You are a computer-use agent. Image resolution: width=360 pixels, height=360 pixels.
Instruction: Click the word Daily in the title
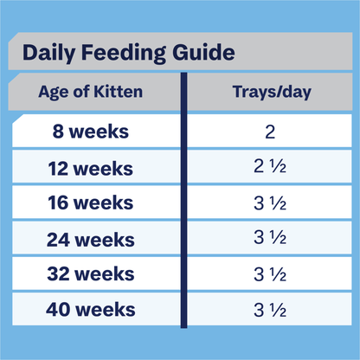[49, 53]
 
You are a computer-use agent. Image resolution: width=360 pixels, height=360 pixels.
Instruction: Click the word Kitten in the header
[120, 93]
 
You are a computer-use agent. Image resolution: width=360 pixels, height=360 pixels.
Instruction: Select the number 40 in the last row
[57, 309]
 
